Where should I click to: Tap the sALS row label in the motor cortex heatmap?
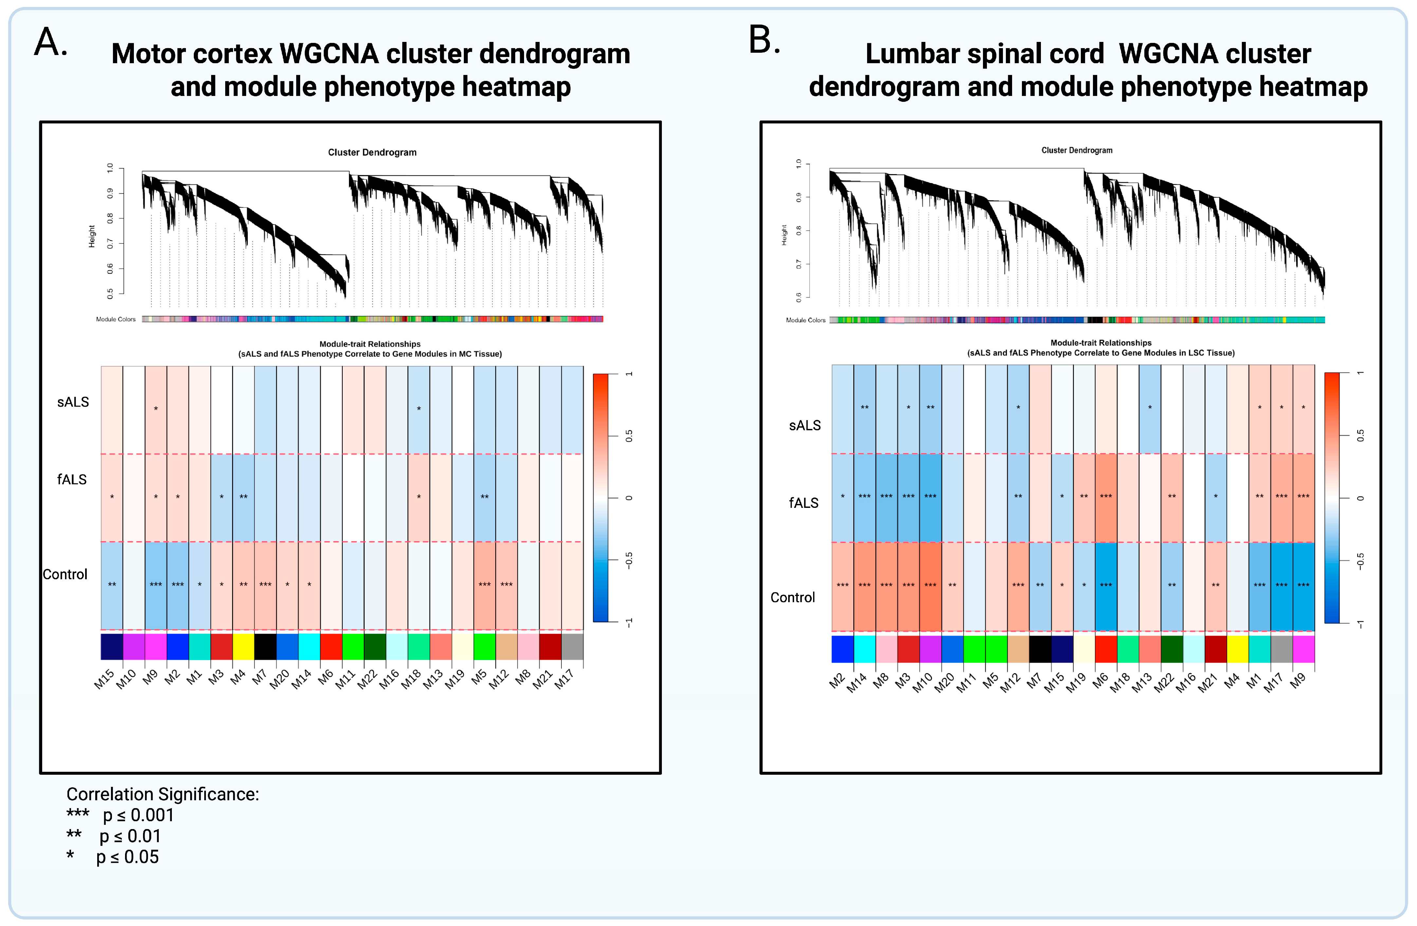pyautogui.click(x=73, y=402)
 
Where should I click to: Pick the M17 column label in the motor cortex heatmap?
pyautogui.click(x=564, y=679)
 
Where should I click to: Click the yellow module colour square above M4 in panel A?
pyautogui.click(x=243, y=646)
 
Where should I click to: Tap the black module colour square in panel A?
pyautogui.click(x=265, y=646)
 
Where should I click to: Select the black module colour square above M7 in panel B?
pyautogui.click(x=1040, y=649)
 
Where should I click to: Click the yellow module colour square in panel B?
pyautogui.click(x=1237, y=649)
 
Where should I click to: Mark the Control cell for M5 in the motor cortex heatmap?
pyautogui.click(x=484, y=585)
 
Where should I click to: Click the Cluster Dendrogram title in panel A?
pyautogui.click(x=372, y=153)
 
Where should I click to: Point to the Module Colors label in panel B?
pyautogui.click(x=806, y=320)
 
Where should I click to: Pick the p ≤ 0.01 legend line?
pyautogui.click(x=114, y=836)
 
